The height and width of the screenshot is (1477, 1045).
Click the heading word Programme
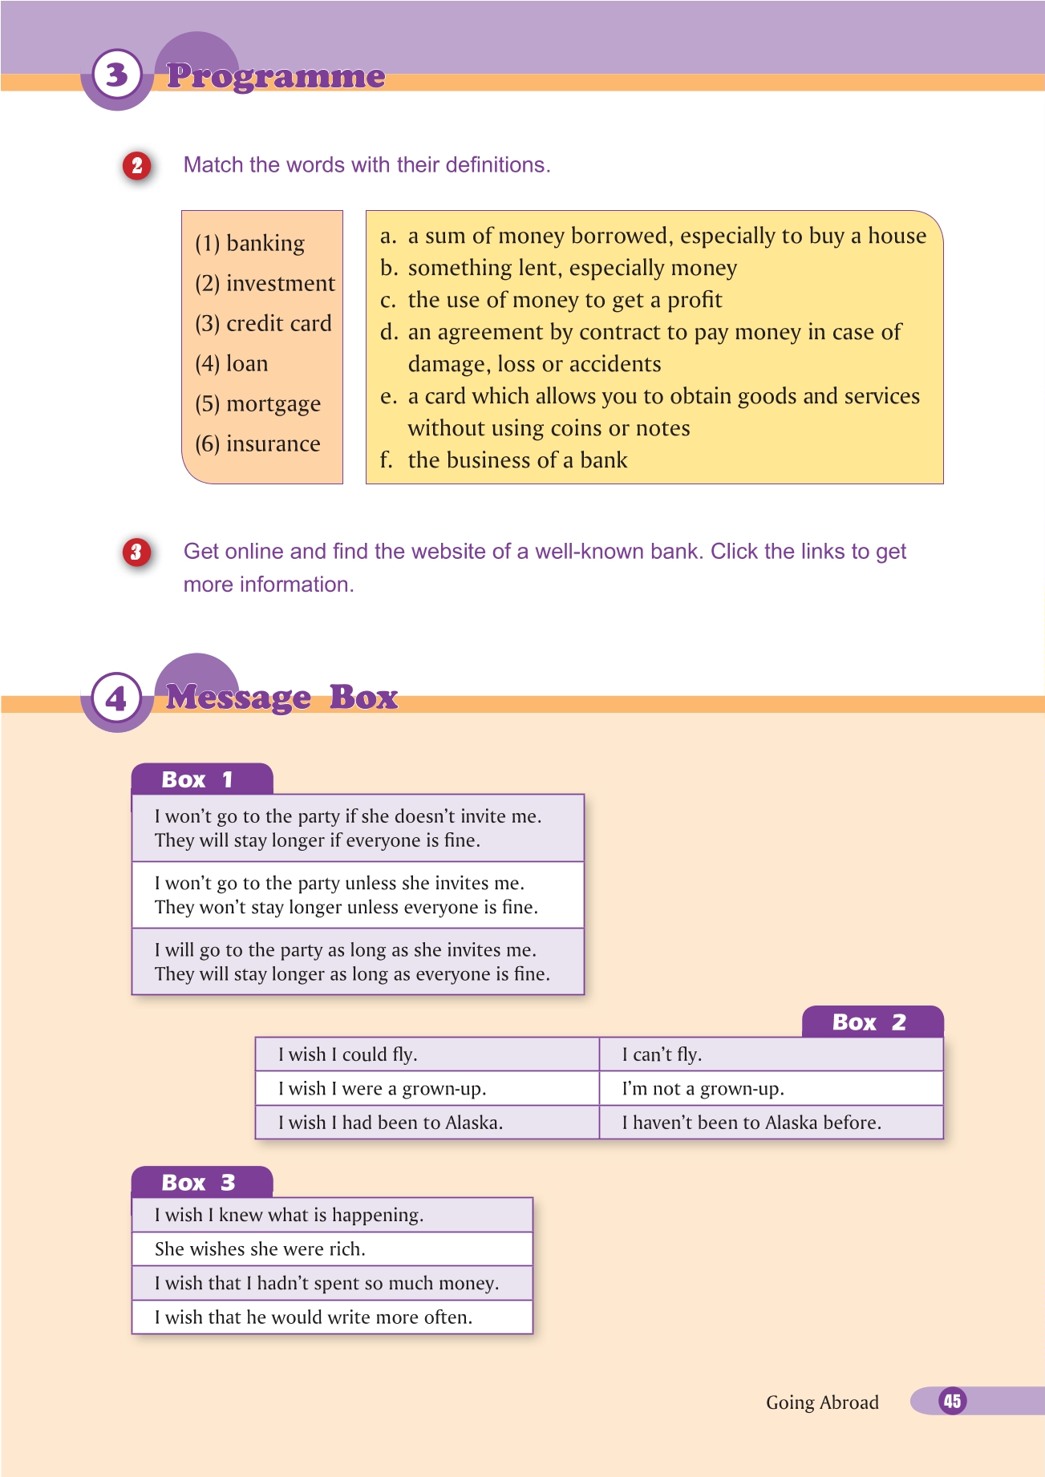[276, 76]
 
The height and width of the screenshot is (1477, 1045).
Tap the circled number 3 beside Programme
[117, 75]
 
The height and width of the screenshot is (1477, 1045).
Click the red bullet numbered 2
[137, 165]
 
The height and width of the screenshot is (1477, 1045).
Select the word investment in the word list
[281, 284]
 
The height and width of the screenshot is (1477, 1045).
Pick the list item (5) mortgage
[257, 404]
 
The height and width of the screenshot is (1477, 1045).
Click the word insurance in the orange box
[273, 444]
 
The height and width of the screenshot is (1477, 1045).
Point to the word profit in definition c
[695, 300]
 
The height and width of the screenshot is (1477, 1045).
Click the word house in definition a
[897, 236]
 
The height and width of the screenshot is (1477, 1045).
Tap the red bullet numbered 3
[136, 552]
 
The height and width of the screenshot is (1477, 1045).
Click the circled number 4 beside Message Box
[117, 698]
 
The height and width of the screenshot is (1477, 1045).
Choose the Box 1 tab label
[197, 779]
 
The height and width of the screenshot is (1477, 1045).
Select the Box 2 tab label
[869, 1022]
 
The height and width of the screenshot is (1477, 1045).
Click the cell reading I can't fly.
[662, 1054]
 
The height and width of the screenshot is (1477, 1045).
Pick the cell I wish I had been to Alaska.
[391, 1123]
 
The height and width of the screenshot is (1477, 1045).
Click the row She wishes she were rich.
[260, 1249]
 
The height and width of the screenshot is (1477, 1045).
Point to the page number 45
[952, 1401]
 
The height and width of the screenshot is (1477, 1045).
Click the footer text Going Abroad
[822, 1402]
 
